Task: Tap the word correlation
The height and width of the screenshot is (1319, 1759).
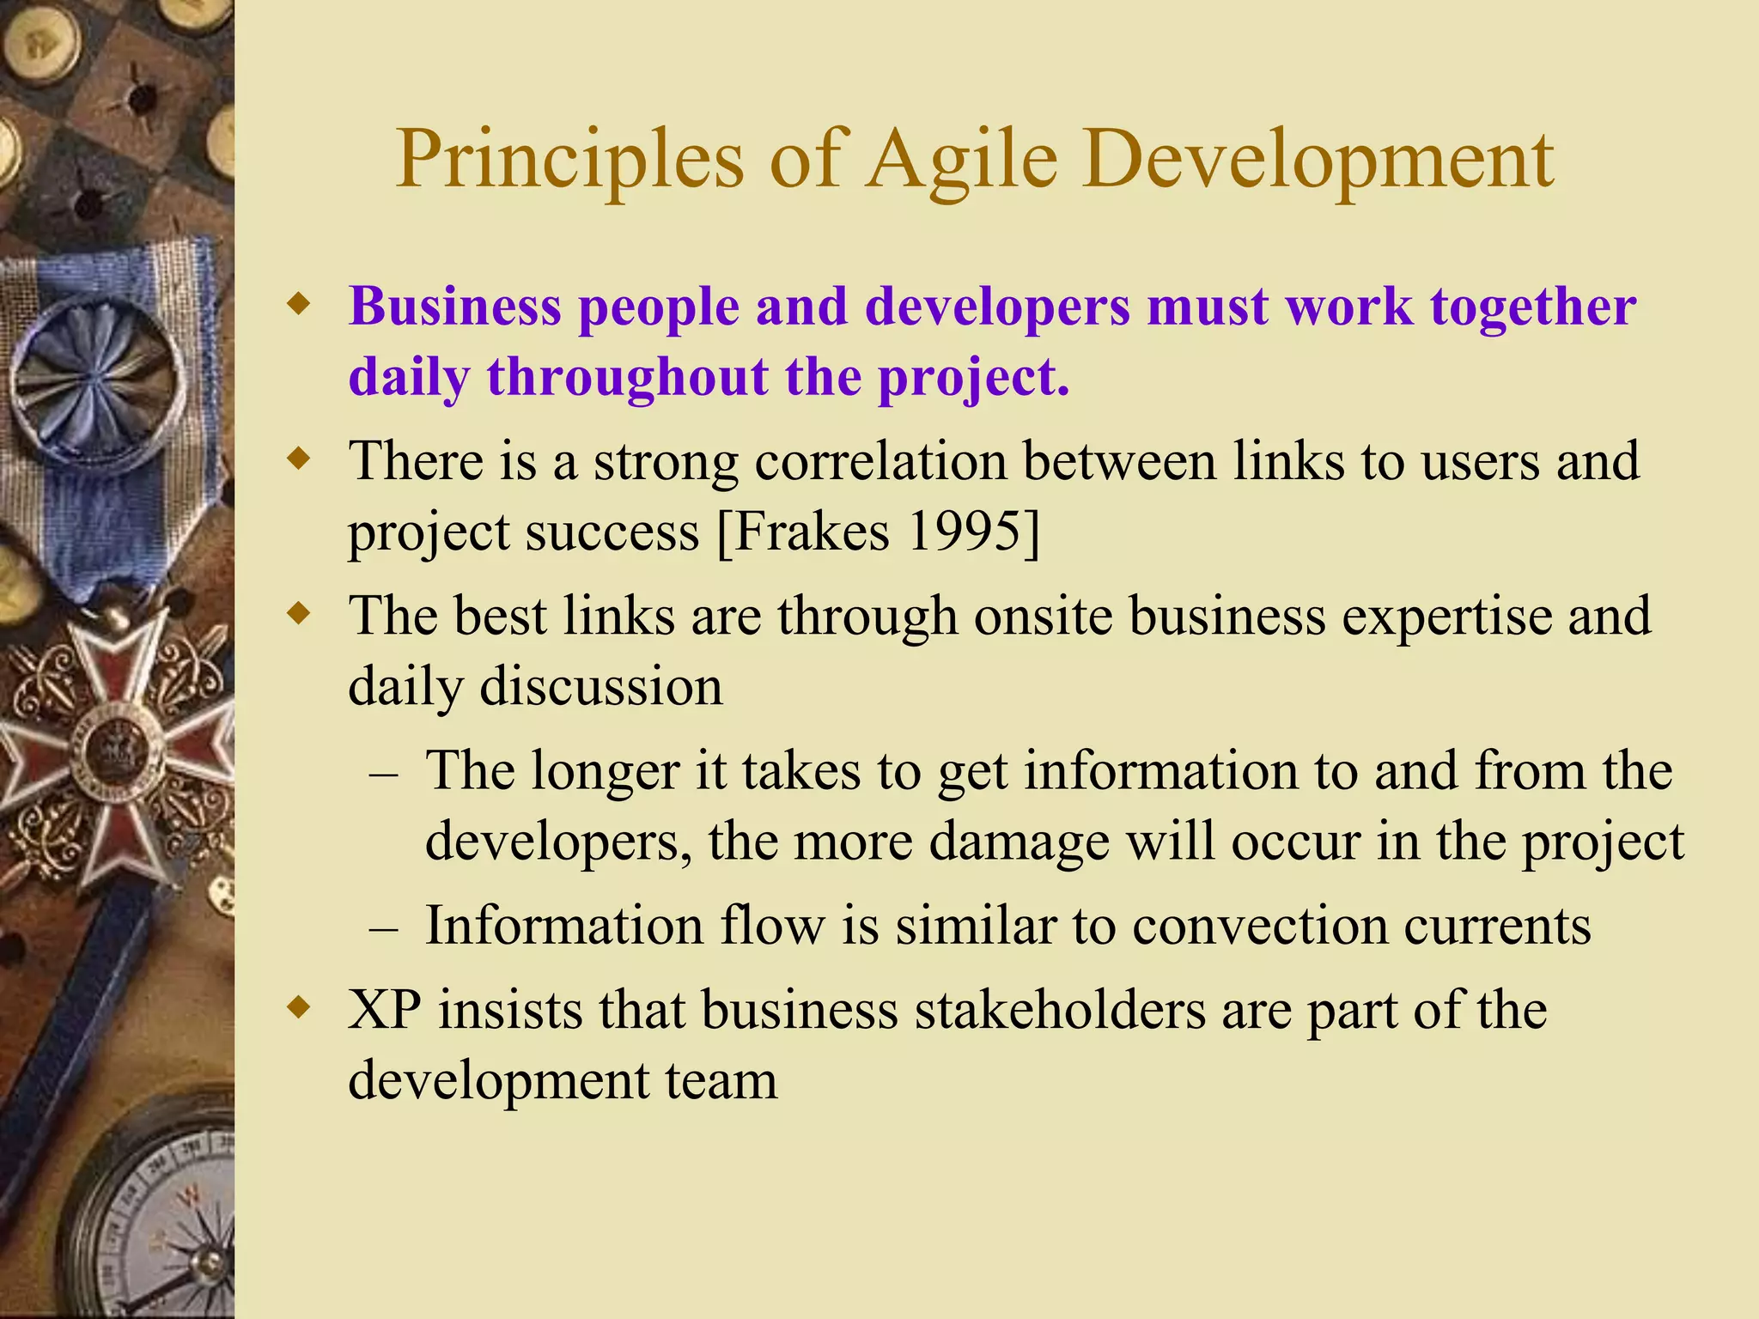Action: pyautogui.click(x=880, y=461)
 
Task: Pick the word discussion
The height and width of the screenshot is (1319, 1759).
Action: pyautogui.click(x=600, y=686)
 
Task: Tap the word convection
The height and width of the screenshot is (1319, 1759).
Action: pyautogui.click(x=1259, y=926)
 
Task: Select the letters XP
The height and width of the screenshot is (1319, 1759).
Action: pyautogui.click(x=384, y=1009)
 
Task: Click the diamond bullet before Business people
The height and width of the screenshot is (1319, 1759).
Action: pyautogui.click(x=298, y=305)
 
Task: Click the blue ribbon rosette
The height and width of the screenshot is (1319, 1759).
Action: pyautogui.click(x=94, y=378)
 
